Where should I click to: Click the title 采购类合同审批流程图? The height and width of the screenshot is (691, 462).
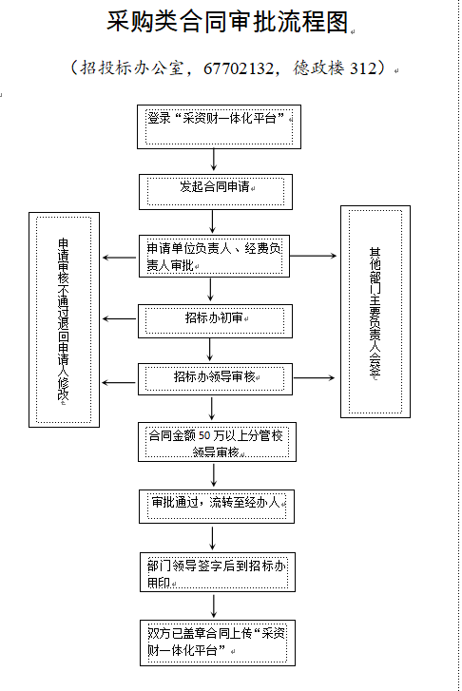227,21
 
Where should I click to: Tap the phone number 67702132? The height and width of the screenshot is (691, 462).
238,68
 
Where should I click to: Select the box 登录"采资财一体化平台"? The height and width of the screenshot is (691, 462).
219,127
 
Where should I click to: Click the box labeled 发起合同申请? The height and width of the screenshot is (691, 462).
216,192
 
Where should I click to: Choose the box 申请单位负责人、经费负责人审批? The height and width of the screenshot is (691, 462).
214,256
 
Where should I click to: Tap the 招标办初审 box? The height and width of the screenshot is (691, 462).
215,321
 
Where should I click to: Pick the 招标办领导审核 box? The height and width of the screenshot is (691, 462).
215,379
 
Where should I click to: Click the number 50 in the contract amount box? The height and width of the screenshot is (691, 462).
204,436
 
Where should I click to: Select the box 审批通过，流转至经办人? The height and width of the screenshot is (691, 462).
217,507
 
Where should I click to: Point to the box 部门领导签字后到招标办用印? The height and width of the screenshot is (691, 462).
218,572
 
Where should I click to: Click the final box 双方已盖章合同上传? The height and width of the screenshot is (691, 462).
218,643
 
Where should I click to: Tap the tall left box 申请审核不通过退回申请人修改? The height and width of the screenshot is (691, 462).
64,319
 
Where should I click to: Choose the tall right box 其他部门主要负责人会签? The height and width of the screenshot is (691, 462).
375,312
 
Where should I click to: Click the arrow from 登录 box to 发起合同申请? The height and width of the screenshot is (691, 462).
214,160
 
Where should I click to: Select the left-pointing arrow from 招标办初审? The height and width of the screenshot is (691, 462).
120,318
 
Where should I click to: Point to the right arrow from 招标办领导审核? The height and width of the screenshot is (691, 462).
314,377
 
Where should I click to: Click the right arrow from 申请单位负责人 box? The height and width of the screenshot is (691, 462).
314,256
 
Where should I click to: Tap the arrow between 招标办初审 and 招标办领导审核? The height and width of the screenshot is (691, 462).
210,350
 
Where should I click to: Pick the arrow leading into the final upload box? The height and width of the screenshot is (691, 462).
214,606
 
